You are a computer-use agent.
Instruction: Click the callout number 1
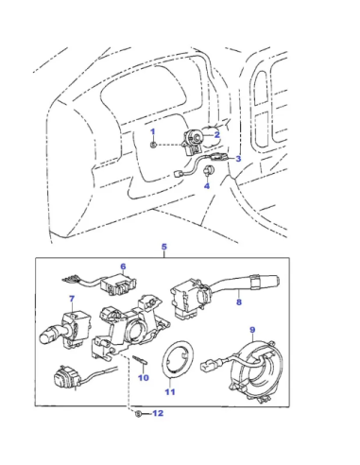153,131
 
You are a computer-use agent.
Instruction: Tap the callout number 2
216,135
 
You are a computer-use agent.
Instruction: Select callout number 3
238,159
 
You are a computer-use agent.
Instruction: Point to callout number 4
207,186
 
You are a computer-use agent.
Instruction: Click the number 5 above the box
163,247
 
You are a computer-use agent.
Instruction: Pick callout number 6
123,267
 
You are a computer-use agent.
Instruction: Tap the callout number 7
72,299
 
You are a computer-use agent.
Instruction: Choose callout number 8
239,302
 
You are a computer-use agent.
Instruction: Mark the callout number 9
252,330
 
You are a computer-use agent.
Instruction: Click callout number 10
144,377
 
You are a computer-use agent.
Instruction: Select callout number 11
170,392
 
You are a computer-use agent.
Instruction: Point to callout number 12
158,413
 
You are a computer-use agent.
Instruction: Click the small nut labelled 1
153,145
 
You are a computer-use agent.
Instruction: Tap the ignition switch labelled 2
193,142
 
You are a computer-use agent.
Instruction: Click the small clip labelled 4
209,170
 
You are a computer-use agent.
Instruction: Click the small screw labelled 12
138,414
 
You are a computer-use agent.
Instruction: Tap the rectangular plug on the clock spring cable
209,366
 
